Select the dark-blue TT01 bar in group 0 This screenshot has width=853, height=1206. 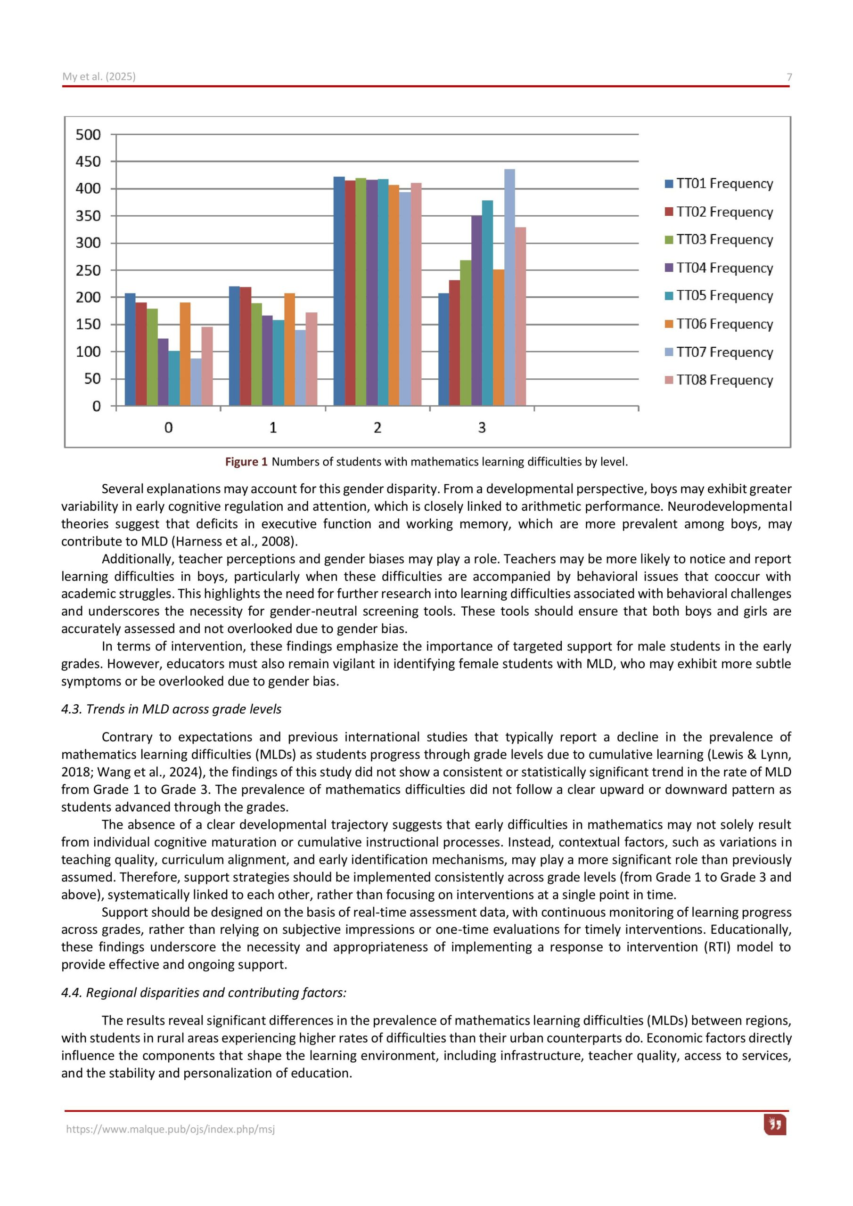(x=130, y=349)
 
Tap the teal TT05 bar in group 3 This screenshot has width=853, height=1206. (x=487, y=302)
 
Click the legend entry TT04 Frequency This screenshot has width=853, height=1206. (x=719, y=268)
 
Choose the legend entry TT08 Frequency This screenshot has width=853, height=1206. (x=719, y=380)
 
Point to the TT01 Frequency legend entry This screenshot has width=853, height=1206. (x=719, y=183)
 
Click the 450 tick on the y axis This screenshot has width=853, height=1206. (x=88, y=162)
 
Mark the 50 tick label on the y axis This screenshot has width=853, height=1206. (x=92, y=379)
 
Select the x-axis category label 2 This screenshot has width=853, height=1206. (x=377, y=428)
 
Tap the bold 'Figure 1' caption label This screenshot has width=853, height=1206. (x=246, y=462)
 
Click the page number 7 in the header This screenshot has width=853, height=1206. (x=789, y=77)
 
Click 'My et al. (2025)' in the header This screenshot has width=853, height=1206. (x=99, y=77)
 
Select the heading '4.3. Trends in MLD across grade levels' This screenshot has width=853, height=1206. (x=172, y=709)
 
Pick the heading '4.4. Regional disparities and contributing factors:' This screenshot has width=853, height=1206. (x=204, y=992)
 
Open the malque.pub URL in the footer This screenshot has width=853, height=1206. (x=170, y=1129)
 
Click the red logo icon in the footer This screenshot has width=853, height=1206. (x=775, y=1125)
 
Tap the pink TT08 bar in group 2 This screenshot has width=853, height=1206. (x=416, y=294)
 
